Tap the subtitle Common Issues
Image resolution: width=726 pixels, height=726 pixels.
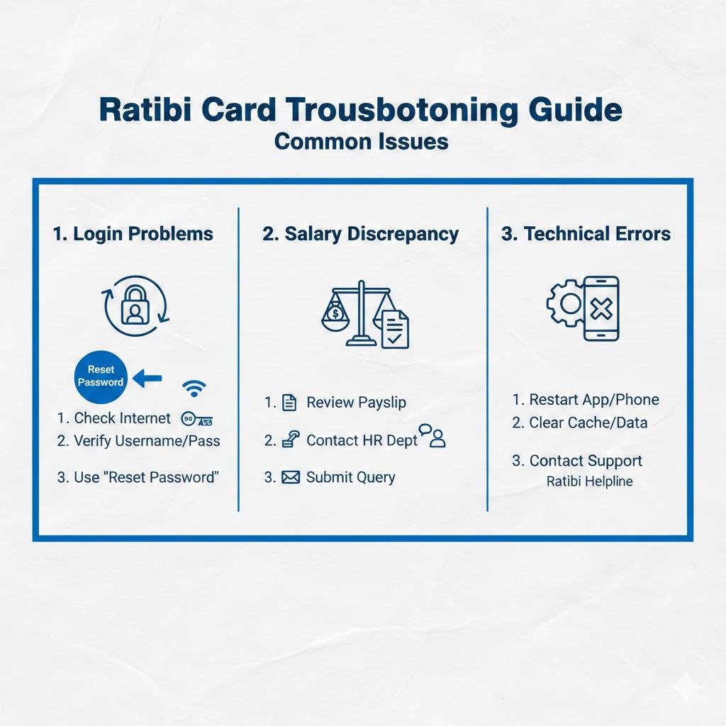[361, 140]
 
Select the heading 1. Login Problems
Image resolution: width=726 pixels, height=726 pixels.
[133, 234]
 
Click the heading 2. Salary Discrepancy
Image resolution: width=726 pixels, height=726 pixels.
[361, 234]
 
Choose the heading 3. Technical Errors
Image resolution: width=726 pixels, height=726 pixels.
[586, 234]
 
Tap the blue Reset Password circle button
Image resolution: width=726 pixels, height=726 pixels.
[101, 376]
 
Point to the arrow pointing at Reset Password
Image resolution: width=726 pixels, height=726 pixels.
[148, 379]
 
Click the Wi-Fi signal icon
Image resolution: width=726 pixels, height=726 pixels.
[194, 387]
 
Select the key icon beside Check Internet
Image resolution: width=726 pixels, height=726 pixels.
[198, 419]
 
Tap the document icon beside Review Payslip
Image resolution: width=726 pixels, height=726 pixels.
[289, 403]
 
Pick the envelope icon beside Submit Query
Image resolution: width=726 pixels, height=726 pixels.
[291, 477]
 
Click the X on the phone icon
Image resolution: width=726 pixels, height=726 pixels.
[601, 308]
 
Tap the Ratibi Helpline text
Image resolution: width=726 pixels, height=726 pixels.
[589, 481]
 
